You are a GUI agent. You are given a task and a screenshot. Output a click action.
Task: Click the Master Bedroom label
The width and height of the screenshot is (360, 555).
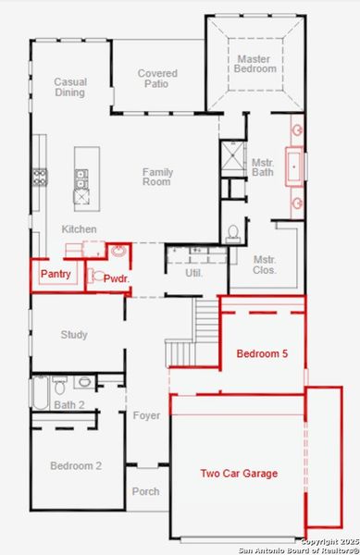(x=254, y=63)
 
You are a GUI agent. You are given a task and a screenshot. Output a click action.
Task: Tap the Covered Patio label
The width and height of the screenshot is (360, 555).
(x=157, y=80)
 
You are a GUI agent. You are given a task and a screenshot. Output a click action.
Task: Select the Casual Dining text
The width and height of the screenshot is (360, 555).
(x=70, y=88)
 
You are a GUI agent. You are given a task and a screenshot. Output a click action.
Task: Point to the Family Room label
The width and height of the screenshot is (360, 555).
(x=157, y=177)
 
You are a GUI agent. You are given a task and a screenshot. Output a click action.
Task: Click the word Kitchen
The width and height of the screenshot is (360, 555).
(x=79, y=228)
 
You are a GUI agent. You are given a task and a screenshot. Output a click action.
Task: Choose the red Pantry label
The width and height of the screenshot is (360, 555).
(x=55, y=275)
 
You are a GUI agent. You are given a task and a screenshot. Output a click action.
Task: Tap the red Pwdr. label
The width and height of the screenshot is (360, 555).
(x=116, y=277)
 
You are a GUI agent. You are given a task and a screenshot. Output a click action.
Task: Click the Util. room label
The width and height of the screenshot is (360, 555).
(x=192, y=273)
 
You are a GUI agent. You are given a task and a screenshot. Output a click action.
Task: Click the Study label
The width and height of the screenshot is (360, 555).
(x=74, y=335)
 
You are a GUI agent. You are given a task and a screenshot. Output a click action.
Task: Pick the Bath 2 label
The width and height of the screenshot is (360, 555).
(x=68, y=405)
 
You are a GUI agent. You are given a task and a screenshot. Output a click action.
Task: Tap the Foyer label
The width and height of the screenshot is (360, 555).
(x=146, y=416)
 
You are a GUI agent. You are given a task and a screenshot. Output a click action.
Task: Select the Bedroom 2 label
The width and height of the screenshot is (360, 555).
(x=75, y=466)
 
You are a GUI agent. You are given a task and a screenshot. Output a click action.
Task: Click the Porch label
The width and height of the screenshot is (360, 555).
(x=145, y=492)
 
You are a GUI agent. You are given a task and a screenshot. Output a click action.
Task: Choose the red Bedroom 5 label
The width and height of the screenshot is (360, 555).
(x=262, y=354)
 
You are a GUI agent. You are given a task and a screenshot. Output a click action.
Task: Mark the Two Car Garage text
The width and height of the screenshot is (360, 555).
(x=239, y=474)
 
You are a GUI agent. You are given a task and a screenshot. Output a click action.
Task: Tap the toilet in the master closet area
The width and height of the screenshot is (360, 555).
(x=233, y=231)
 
